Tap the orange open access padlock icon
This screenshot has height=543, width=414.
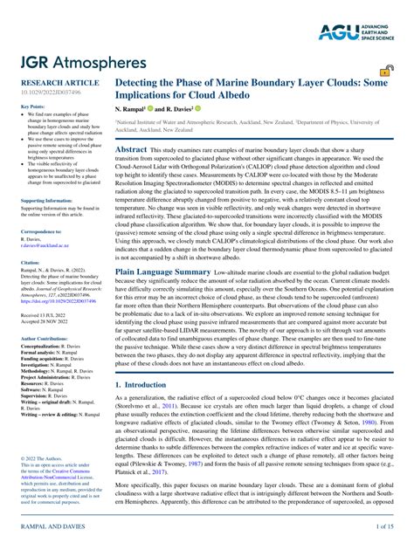pos(384,73)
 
